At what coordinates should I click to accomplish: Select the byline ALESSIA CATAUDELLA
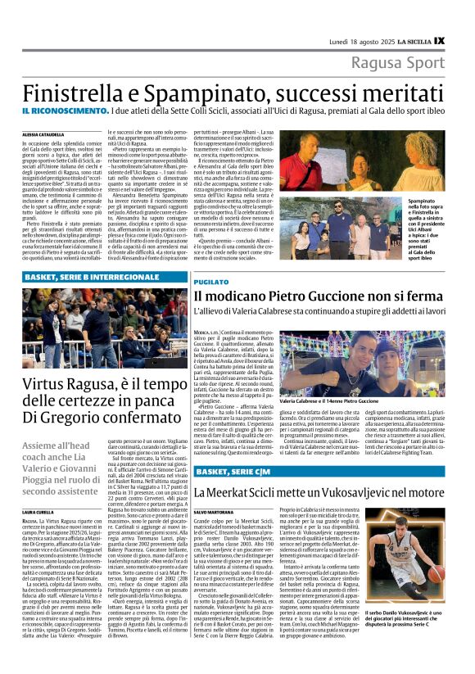45,133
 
